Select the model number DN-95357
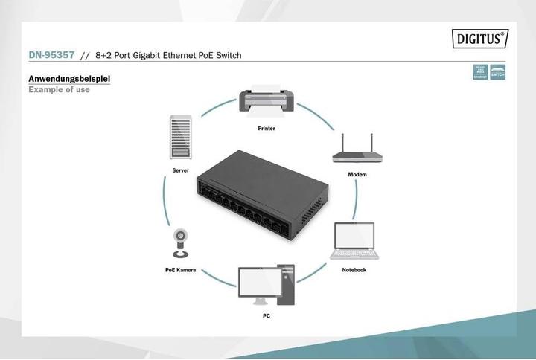[x=51, y=56]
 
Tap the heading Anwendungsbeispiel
[x=70, y=79]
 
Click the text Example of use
[x=59, y=90]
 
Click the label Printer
[x=267, y=129]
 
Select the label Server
[x=179, y=171]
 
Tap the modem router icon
[x=357, y=152]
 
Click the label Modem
[x=357, y=174]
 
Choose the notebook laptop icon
[x=354, y=241]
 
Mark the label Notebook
[x=354, y=270]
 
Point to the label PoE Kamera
[x=180, y=270]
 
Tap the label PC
[x=266, y=316]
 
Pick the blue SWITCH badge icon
[x=498, y=72]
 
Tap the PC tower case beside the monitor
[x=287, y=285]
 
